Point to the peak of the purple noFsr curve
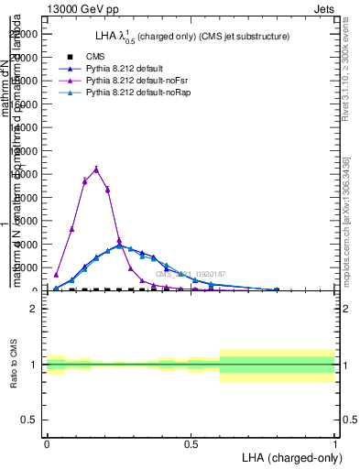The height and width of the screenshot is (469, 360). coord(96,169)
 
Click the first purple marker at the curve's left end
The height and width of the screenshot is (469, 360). coord(56,275)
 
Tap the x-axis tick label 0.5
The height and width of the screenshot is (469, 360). coord(191,443)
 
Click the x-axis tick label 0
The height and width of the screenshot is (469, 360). coord(47,443)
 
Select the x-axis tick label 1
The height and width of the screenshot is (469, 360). coord(334,443)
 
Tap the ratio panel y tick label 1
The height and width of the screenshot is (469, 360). coord(34,365)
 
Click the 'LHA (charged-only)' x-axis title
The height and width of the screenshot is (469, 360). coord(288,457)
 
